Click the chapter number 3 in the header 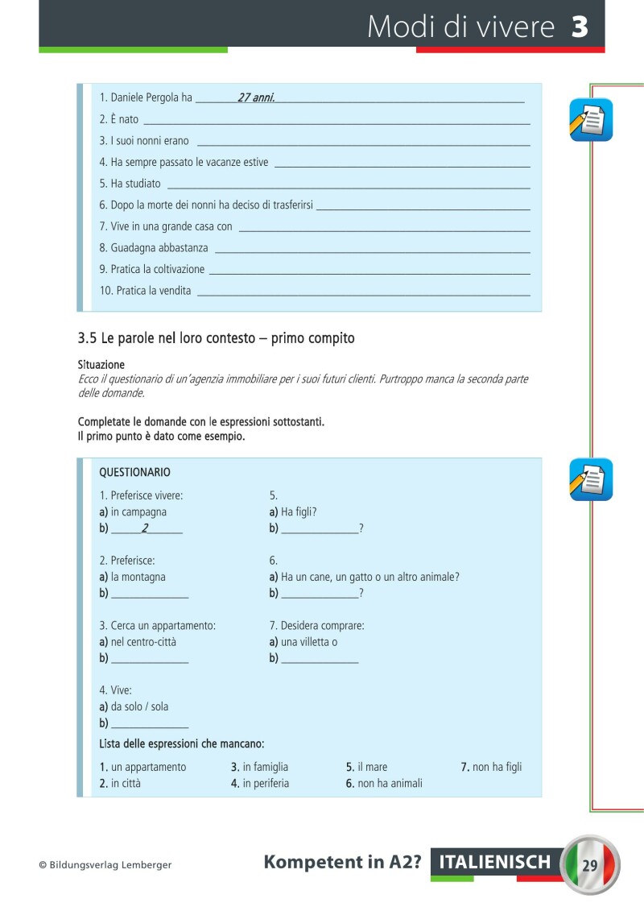pyautogui.click(x=580, y=27)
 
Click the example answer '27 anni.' pyautogui.click(x=257, y=97)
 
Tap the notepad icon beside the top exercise pyautogui.click(x=592, y=119)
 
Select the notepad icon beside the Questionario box pyautogui.click(x=592, y=479)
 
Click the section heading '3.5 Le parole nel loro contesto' pyautogui.click(x=216, y=338)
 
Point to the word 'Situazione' pyautogui.click(x=101, y=365)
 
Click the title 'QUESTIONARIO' pyautogui.click(x=134, y=472)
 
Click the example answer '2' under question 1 pyautogui.click(x=145, y=528)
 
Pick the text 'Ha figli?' pyautogui.click(x=299, y=511)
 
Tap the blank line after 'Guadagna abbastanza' pyautogui.click(x=372, y=251)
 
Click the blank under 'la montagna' pyautogui.click(x=149, y=595)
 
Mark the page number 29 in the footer pyautogui.click(x=590, y=865)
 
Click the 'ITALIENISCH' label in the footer pyautogui.click(x=495, y=863)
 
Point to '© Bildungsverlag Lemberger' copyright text pyautogui.click(x=105, y=865)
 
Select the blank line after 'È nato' pyautogui.click(x=336, y=121)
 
